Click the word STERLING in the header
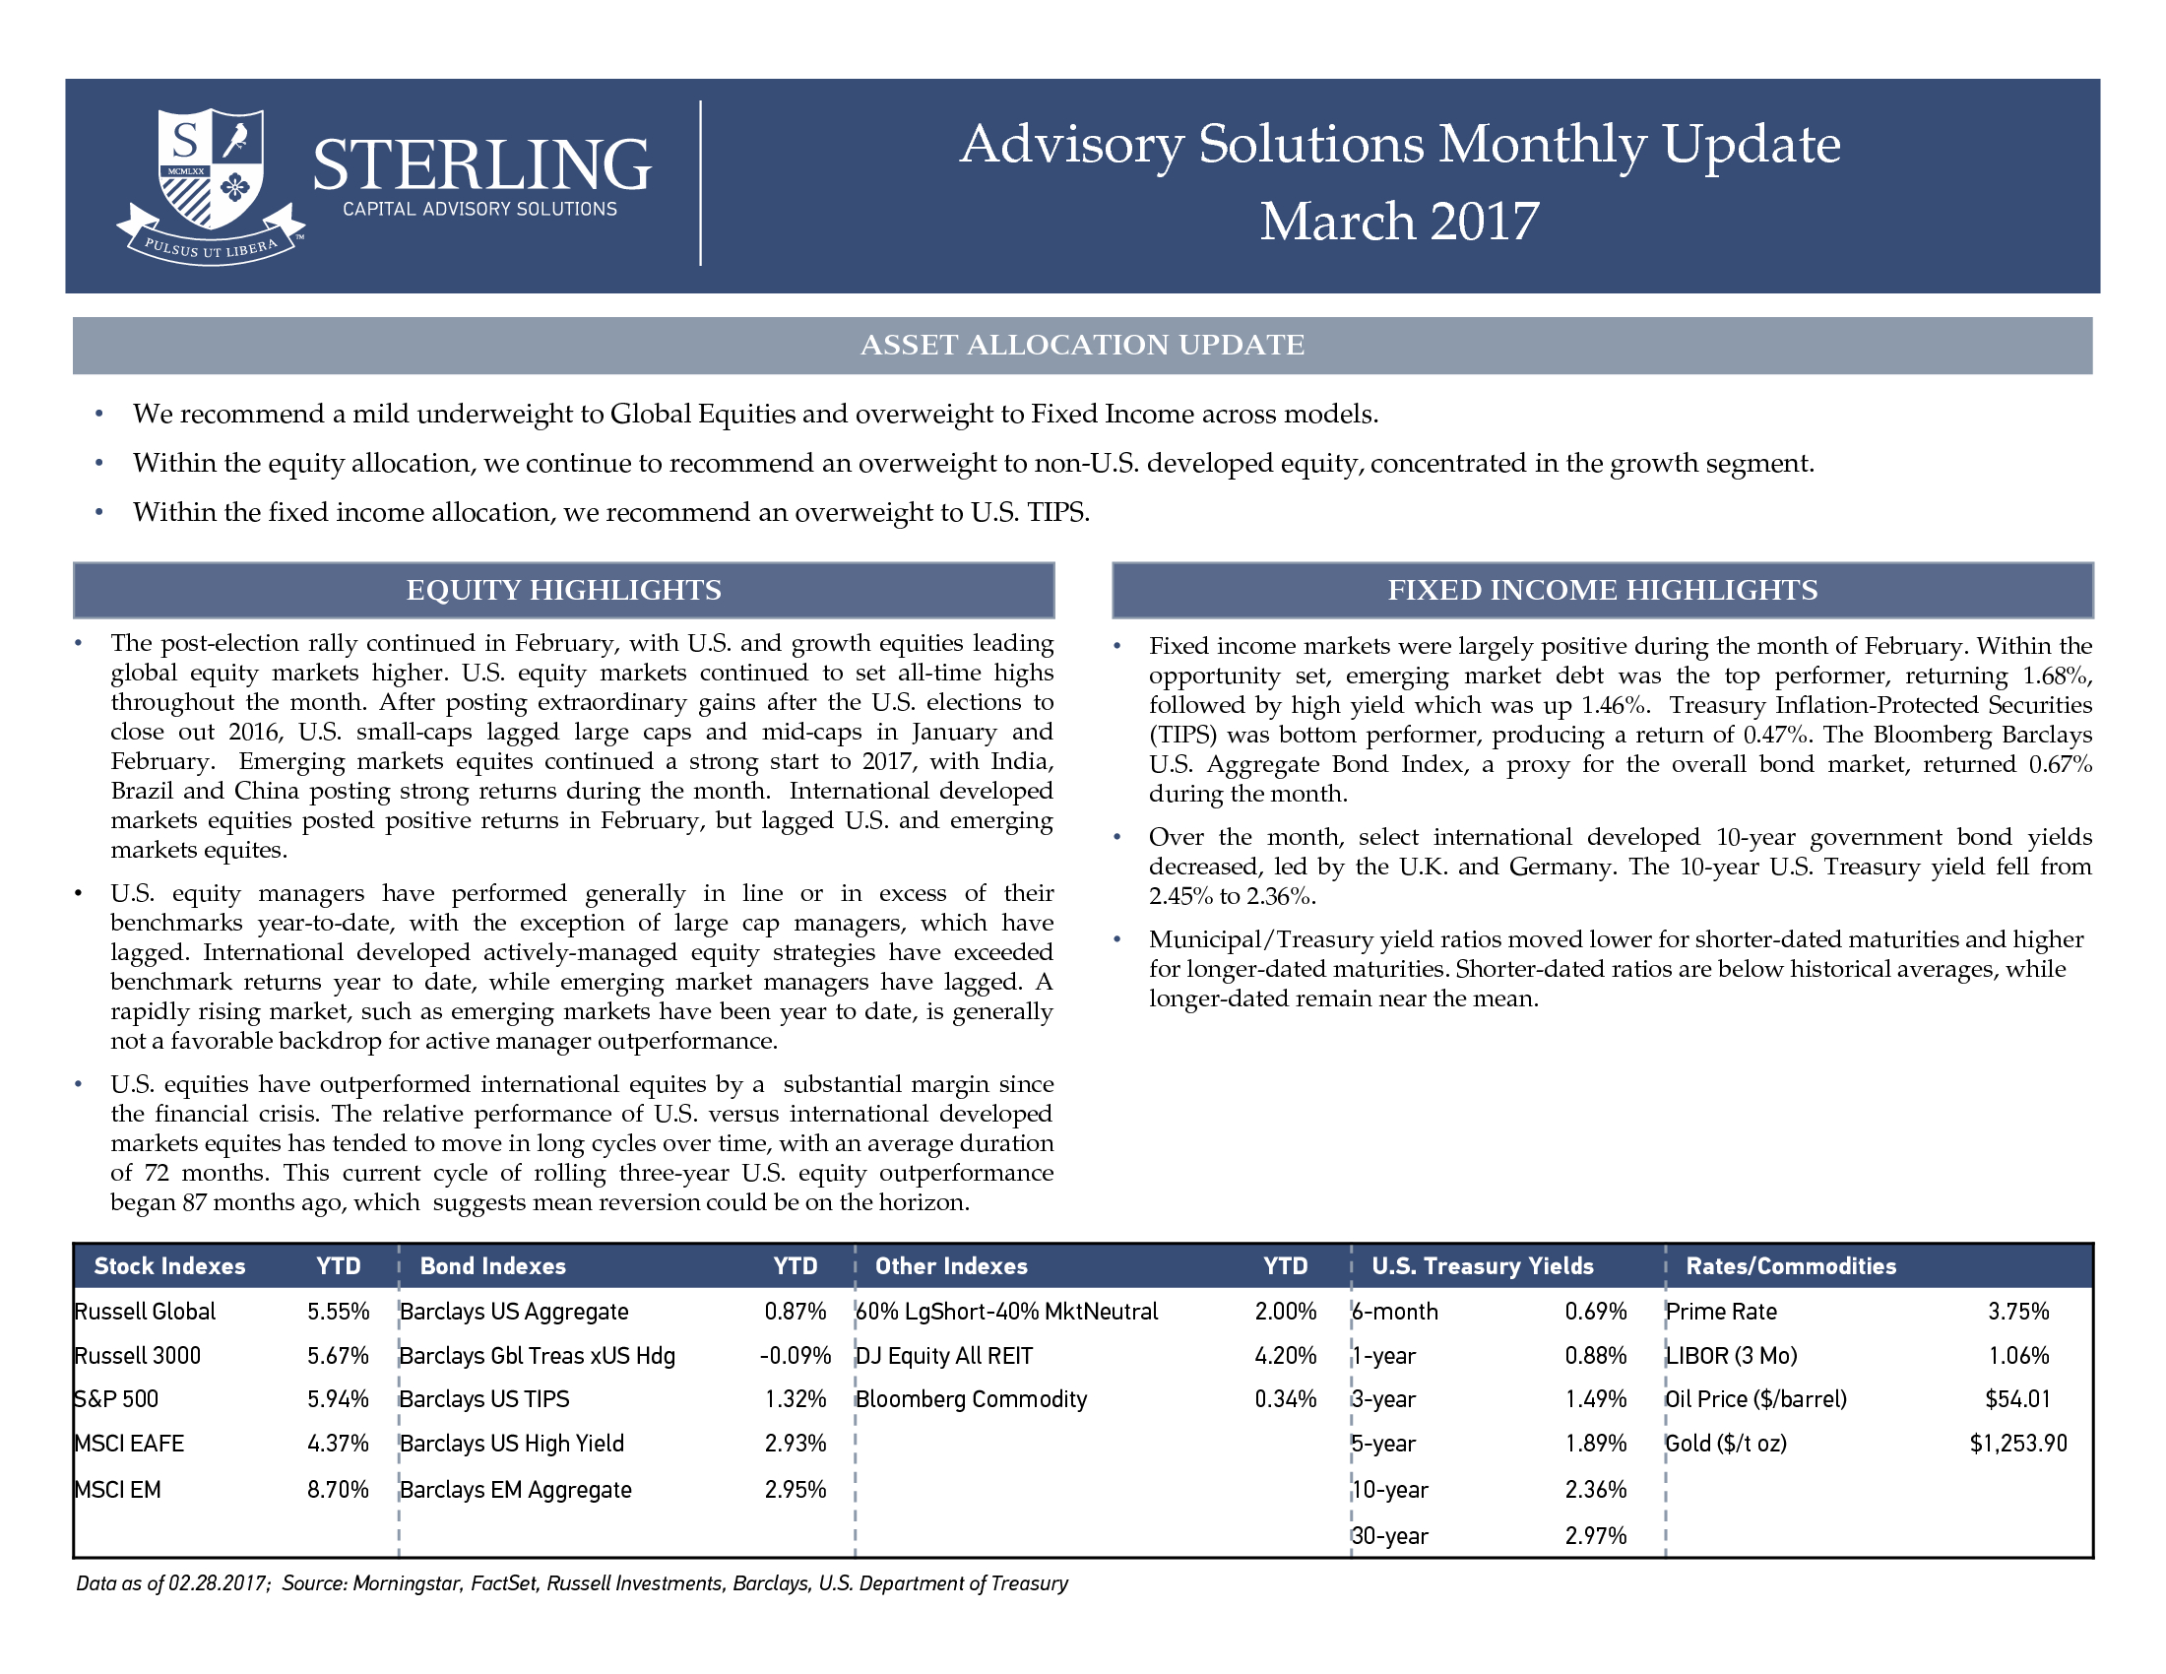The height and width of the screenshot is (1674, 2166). (x=482, y=164)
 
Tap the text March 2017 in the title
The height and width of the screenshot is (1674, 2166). (x=1399, y=222)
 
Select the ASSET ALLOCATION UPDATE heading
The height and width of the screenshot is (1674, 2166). (x=1082, y=345)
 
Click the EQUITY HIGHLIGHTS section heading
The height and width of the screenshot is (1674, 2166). (x=563, y=590)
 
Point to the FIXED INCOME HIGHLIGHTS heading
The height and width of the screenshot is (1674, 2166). (x=1603, y=590)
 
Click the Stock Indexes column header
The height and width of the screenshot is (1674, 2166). (x=169, y=1266)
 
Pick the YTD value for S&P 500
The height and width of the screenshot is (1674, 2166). (x=338, y=1399)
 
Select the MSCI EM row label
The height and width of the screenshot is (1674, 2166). (x=118, y=1490)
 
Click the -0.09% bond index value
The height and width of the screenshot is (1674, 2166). (x=796, y=1356)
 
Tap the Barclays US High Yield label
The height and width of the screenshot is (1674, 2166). (x=512, y=1444)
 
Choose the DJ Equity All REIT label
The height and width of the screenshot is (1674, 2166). (x=944, y=1356)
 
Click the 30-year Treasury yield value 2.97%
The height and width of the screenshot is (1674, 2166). (x=1596, y=1536)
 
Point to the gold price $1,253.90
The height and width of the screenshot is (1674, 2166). (x=2018, y=1444)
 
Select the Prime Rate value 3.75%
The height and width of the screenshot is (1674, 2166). (x=2018, y=1311)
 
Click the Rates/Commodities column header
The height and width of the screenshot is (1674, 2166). (x=1791, y=1266)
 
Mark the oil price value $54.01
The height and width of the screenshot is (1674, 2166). (x=2018, y=1399)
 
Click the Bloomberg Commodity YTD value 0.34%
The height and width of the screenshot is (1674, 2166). (x=1285, y=1399)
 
